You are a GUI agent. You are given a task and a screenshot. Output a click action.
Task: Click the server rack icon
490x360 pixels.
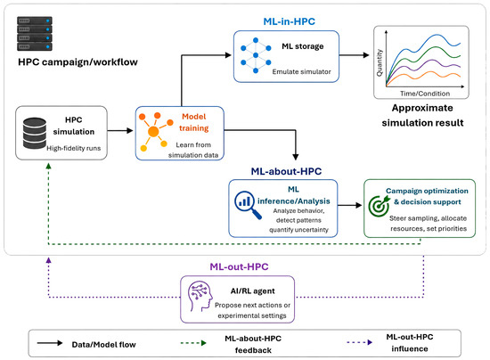pyautogui.click(x=35, y=34)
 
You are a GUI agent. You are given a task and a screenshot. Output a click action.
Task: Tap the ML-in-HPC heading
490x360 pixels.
pyautogui.click(x=289, y=21)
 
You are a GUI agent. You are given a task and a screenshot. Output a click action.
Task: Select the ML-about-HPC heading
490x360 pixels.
pyautogui.click(x=286, y=171)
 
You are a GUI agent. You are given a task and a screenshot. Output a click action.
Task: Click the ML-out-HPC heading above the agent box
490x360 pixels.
pyautogui.click(x=239, y=266)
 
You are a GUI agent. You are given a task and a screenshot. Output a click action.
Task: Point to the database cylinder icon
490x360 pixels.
pyautogui.click(x=35, y=133)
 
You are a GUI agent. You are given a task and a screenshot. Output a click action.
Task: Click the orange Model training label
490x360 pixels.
pyautogui.click(x=193, y=122)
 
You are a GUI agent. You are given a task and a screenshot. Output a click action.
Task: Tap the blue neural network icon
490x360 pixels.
pyautogui.click(x=256, y=55)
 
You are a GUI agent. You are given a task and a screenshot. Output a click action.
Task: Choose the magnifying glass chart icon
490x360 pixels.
pyautogui.click(x=248, y=205)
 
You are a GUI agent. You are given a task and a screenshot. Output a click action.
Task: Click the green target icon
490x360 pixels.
pyautogui.click(x=379, y=206)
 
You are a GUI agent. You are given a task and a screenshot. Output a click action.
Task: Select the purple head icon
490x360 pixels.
pyautogui.click(x=200, y=296)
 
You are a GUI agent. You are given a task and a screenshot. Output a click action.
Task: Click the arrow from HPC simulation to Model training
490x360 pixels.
pyautogui.click(x=120, y=130)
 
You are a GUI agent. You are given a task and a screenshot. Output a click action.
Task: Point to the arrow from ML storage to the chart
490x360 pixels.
pyautogui.click(x=354, y=55)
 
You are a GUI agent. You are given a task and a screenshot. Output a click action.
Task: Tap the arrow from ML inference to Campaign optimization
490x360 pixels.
pyautogui.click(x=350, y=205)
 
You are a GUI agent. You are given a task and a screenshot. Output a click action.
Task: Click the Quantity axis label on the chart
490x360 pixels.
pyautogui.click(x=380, y=62)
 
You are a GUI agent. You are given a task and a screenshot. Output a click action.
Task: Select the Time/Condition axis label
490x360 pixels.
pyautogui.click(x=425, y=94)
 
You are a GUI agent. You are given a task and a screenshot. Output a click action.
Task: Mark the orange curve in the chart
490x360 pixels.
pyautogui.click(x=423, y=77)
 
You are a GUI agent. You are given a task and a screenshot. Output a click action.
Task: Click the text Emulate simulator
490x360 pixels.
pyautogui.click(x=301, y=71)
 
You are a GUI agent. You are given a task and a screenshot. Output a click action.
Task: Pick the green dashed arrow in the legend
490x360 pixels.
pyautogui.click(x=193, y=343)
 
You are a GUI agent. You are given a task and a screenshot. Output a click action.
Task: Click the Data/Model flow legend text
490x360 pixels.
pyautogui.click(x=103, y=344)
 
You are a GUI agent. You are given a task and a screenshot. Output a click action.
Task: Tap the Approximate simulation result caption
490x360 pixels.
pyautogui.click(x=422, y=115)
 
